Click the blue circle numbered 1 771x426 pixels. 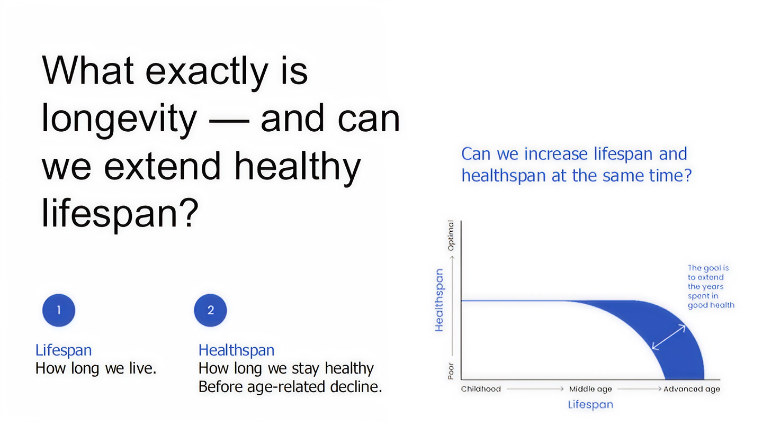tap(58, 310)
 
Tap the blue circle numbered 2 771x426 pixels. tap(210, 310)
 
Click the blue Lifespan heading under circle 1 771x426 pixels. tap(64, 350)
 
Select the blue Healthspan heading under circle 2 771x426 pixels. tap(237, 350)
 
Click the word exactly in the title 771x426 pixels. tap(207, 72)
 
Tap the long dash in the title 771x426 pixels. tap(229, 121)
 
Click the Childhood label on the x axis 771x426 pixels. tap(481, 389)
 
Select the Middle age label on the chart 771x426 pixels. tap(590, 389)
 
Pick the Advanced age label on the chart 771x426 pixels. tap(692, 389)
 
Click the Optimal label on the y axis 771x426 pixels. tap(451, 235)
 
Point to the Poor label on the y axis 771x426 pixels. tap(451, 371)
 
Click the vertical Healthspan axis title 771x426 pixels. tap(439, 300)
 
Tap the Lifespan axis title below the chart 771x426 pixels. tap(590, 404)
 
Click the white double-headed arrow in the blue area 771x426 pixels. tap(669, 337)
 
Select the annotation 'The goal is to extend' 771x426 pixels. tap(708, 273)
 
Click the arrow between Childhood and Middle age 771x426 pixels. tap(535, 389)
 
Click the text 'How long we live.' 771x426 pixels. tap(96, 368)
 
